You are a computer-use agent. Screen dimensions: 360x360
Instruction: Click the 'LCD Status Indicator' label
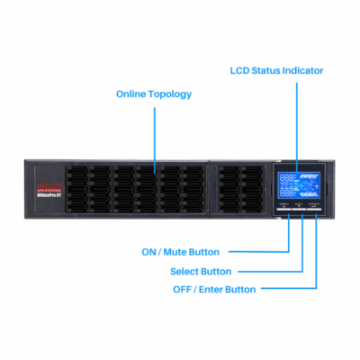276,69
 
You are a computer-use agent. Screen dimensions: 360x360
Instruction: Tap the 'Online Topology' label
154,94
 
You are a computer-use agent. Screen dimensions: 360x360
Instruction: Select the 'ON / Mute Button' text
180,251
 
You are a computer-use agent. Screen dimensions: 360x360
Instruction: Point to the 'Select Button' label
201,271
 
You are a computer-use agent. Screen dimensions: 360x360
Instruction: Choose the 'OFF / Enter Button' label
214,289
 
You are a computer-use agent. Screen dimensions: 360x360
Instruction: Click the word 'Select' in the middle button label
186,271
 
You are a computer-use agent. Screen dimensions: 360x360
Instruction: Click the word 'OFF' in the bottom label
183,289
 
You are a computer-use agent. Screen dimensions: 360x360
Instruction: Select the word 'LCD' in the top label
240,69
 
